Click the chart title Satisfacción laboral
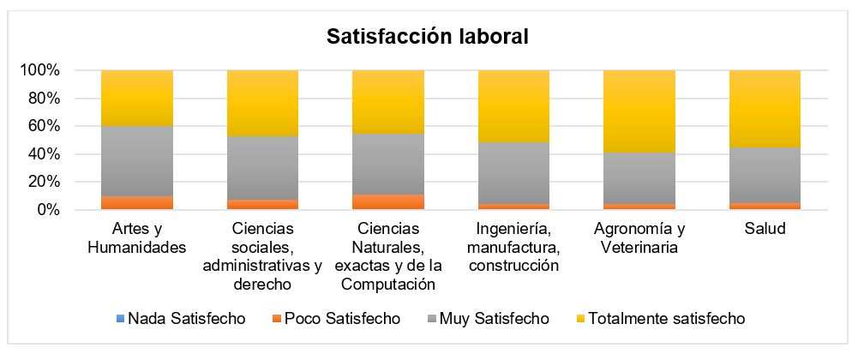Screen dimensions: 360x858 pos(428,38)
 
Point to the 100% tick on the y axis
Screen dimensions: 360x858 pos(40,70)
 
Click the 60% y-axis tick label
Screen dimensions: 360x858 pos(44,126)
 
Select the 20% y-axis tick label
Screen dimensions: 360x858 pos(44,182)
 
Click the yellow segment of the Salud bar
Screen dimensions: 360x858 pos(765,109)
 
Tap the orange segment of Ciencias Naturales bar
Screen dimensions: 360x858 pos(388,201)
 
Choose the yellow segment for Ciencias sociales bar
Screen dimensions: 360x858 pos(262,103)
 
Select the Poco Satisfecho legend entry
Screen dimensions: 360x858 pos(333,319)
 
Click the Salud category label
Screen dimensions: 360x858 pos(765,230)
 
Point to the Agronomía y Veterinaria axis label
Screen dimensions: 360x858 pos(639,238)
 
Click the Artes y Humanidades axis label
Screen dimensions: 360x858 pos(137,238)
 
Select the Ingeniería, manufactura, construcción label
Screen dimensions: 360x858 pos(513,248)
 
